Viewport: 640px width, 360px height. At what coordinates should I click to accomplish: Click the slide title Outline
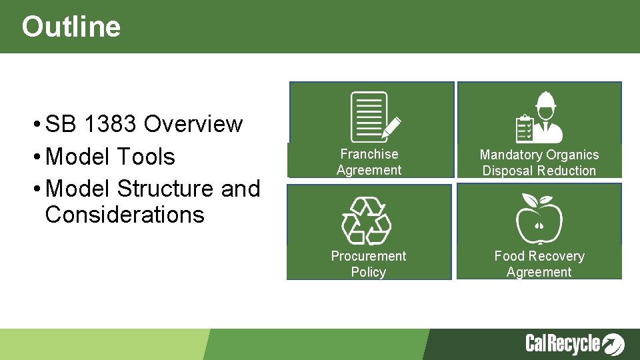tap(71, 27)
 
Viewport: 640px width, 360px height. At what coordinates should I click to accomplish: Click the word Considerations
tap(125, 215)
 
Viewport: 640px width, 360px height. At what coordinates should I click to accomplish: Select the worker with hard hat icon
tap(539, 117)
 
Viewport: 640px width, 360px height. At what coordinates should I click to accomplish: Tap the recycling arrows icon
tap(366, 220)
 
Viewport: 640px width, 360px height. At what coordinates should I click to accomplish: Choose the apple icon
tap(539, 220)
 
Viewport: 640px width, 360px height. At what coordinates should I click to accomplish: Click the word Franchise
tap(369, 154)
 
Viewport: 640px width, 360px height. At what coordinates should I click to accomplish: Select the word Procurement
tap(369, 256)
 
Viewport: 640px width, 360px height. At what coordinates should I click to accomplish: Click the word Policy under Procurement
tap(369, 272)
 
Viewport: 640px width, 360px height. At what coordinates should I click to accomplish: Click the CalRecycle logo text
tap(563, 344)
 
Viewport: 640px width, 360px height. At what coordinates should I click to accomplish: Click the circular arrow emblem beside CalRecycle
tap(613, 344)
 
